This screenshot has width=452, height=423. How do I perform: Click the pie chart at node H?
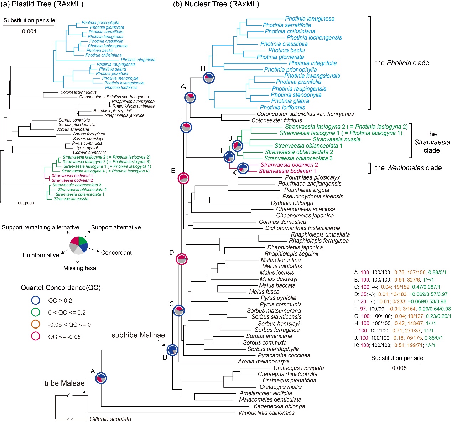point(209,78)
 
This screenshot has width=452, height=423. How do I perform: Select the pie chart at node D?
point(182,259)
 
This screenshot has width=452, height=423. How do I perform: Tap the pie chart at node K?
point(243,168)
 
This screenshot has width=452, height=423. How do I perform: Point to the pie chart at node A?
point(102,378)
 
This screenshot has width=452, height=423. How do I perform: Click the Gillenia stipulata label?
point(110,419)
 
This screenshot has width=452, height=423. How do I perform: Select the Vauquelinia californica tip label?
point(266,413)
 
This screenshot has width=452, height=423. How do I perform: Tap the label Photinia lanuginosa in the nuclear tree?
point(310,19)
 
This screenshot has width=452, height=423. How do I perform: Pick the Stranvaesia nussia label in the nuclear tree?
point(337,139)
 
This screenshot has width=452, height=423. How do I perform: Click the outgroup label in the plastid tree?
point(26,203)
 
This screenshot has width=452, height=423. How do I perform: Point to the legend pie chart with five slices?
point(78,245)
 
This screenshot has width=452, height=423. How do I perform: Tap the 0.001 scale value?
point(29,31)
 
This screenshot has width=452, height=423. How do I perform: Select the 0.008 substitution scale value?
point(399,368)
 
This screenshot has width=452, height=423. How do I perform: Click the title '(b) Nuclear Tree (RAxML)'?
point(216,4)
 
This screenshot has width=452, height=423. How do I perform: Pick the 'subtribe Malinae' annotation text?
point(138,335)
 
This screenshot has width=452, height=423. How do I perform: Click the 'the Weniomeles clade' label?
point(408,168)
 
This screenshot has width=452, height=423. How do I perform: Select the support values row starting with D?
point(398,294)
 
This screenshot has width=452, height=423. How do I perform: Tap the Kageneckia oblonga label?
point(279,406)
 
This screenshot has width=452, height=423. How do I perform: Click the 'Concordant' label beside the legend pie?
point(116,253)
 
